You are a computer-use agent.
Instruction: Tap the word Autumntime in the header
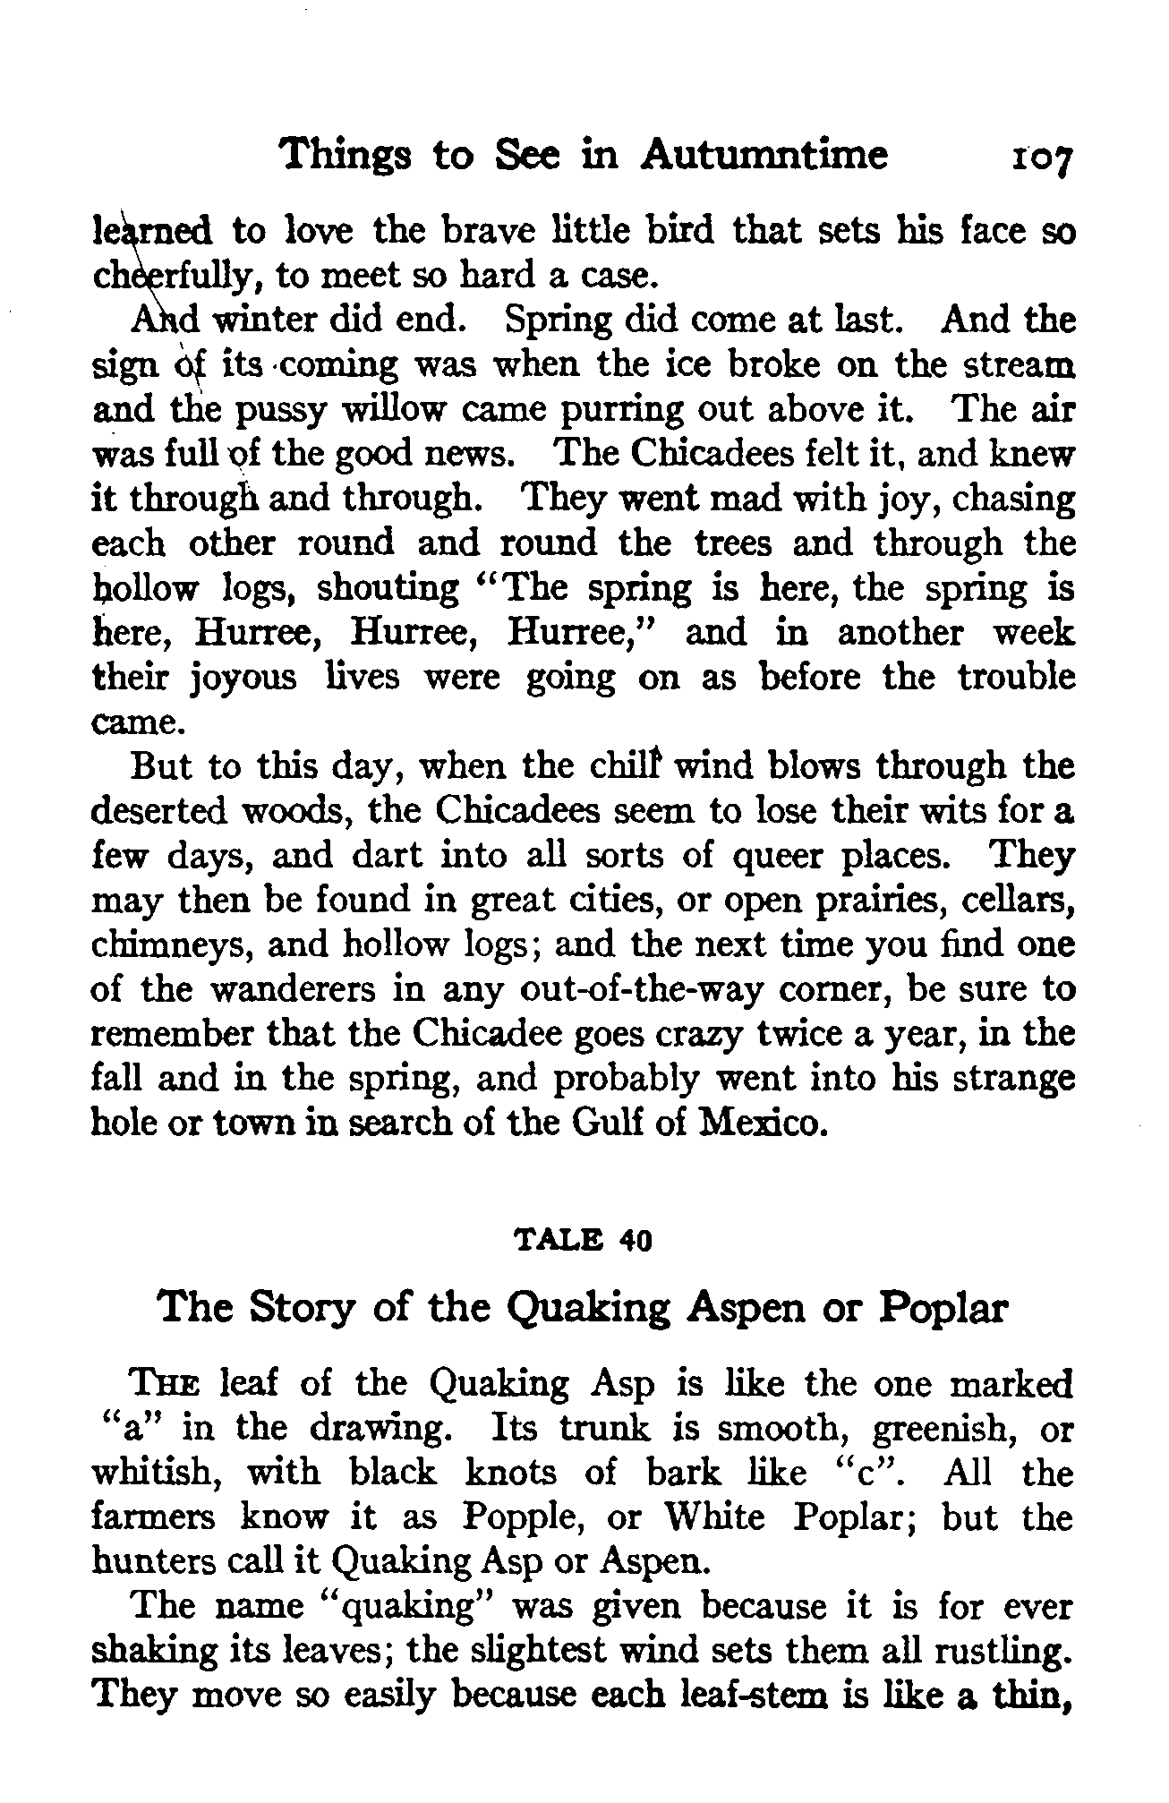point(765,154)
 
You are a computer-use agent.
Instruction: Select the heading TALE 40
point(584,1242)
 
